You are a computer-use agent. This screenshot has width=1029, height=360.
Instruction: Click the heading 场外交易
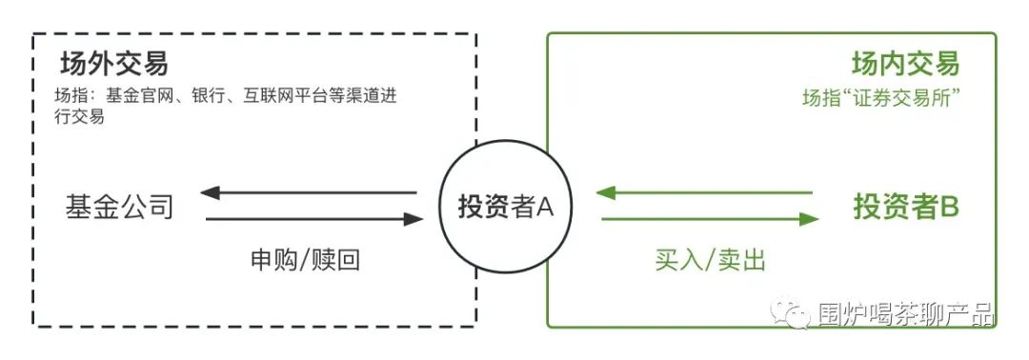[113, 65]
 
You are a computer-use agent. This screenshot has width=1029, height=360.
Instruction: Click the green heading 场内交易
[904, 65]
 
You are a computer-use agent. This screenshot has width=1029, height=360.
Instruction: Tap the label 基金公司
[119, 206]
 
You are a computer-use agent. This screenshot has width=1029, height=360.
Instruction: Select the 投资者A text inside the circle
[506, 207]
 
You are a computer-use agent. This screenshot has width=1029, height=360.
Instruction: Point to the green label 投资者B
[905, 206]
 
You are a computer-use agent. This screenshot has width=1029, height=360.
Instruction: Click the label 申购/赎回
[306, 259]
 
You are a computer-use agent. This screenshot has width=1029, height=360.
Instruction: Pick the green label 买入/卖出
[711, 259]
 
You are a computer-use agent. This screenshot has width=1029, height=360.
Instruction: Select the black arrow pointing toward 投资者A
[314, 220]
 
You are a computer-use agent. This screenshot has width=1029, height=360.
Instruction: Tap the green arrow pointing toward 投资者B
[710, 220]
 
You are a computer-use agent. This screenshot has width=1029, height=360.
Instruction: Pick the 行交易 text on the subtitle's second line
[80, 117]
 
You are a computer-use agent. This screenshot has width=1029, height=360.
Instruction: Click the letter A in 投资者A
[544, 207]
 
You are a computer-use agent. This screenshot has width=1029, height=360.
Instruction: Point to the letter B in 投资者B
[949, 206]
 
